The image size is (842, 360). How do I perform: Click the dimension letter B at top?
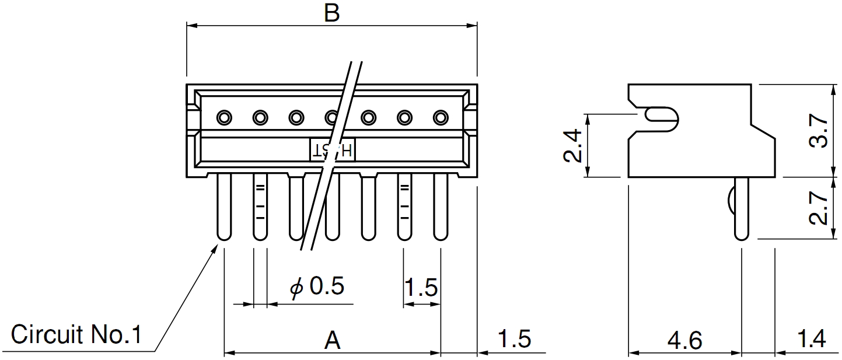[331, 13]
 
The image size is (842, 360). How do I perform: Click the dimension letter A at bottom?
[332, 340]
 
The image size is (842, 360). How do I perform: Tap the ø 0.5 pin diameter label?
[318, 286]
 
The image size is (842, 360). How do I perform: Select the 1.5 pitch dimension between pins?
[421, 287]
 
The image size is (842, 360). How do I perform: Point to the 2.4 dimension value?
[574, 146]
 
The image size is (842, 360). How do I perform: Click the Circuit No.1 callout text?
[76, 335]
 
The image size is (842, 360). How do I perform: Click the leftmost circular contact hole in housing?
[223, 118]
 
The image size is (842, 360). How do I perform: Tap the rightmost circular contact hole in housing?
[440, 118]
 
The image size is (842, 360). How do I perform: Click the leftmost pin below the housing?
[223, 207]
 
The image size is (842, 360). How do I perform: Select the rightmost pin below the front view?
[440, 207]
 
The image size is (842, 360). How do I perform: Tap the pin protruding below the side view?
[741, 209]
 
